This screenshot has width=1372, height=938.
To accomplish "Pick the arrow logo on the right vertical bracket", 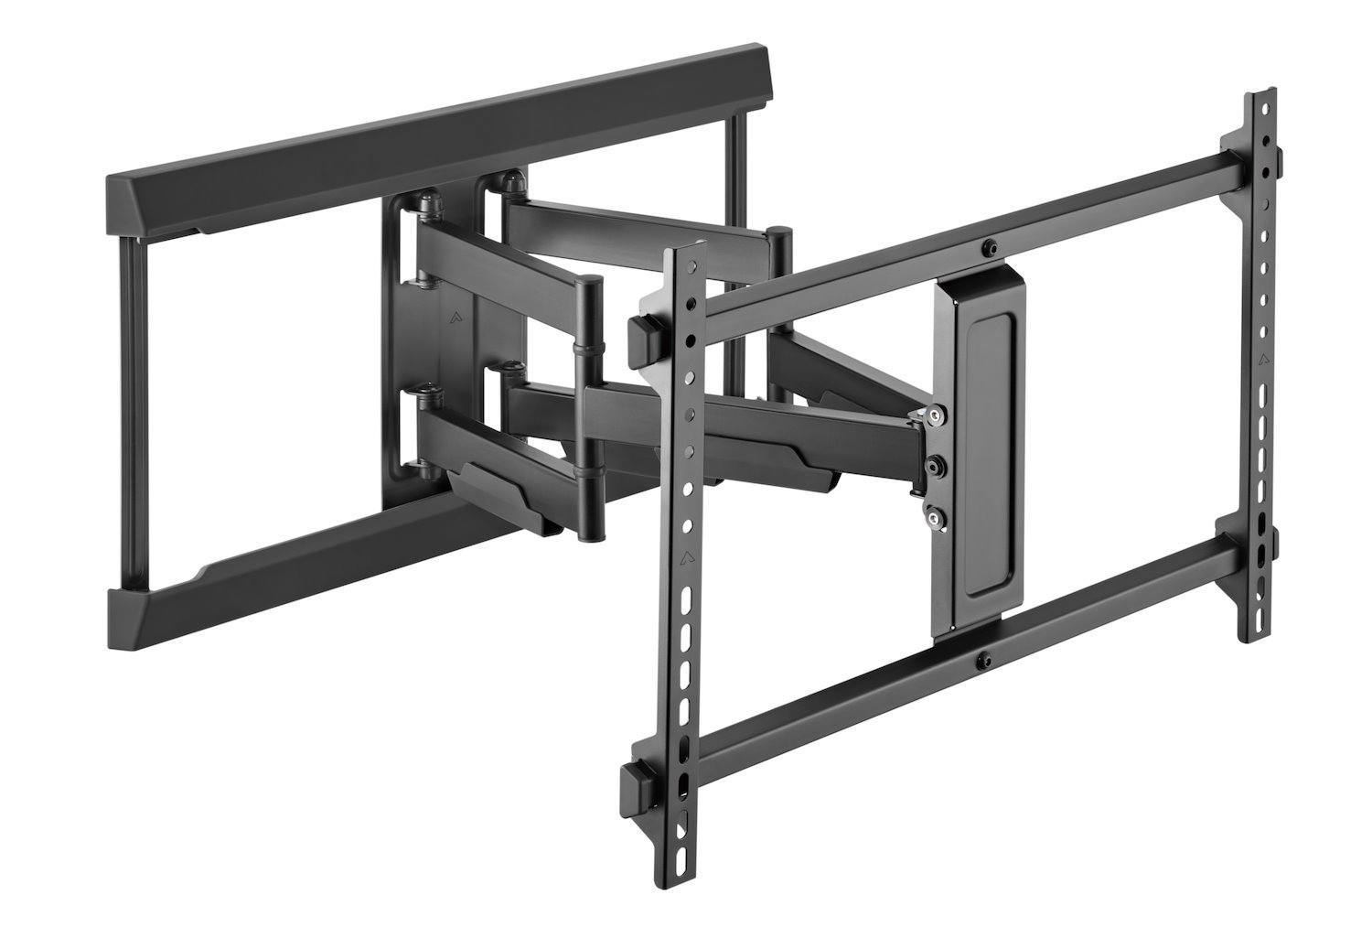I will pos(1263,358).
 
